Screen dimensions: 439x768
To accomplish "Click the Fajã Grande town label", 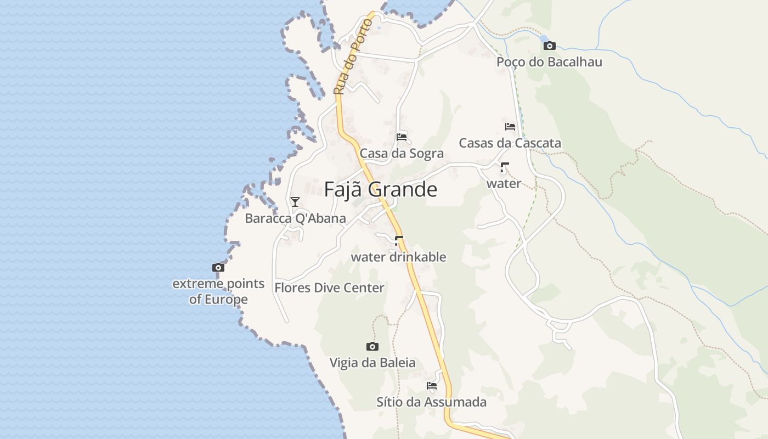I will pyautogui.click(x=380, y=189).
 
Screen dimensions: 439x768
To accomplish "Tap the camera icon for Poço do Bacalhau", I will pyautogui.click(x=549, y=46).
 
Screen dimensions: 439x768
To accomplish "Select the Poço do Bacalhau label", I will pyautogui.click(x=549, y=62).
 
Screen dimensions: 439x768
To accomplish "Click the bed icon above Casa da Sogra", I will pyautogui.click(x=402, y=137).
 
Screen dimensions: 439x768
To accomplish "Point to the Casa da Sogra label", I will pyautogui.click(x=402, y=153).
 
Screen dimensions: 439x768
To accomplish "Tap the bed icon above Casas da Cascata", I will pyautogui.click(x=510, y=127).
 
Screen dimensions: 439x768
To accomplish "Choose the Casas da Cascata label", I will pyautogui.click(x=510, y=143).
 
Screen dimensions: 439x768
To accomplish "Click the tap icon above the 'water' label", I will pyautogui.click(x=504, y=167).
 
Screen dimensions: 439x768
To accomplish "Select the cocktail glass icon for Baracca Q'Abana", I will pyautogui.click(x=295, y=202).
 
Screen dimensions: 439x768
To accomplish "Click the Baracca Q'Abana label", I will pyautogui.click(x=295, y=218).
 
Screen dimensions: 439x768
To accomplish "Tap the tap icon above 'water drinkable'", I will pyautogui.click(x=399, y=240).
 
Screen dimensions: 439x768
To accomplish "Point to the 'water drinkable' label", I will pyautogui.click(x=398, y=257).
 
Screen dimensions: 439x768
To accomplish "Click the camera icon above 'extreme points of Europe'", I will pyautogui.click(x=218, y=268).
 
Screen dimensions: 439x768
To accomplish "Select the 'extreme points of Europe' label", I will pyautogui.click(x=218, y=291).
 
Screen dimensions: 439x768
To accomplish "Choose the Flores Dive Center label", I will pyautogui.click(x=329, y=288).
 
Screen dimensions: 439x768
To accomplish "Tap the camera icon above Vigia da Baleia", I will pyautogui.click(x=372, y=346).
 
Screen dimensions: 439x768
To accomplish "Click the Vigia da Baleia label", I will pyautogui.click(x=372, y=363).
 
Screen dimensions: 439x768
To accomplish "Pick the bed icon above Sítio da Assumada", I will pyautogui.click(x=432, y=386).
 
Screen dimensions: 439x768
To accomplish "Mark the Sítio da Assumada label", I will pyautogui.click(x=431, y=402).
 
